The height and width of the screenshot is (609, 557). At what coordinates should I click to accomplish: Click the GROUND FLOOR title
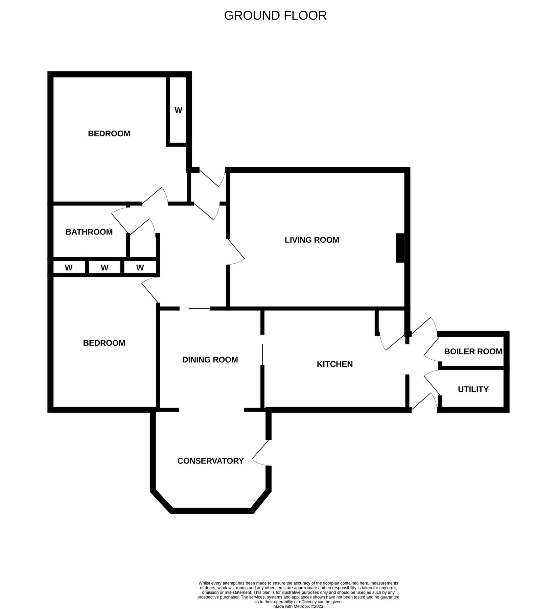[275, 16]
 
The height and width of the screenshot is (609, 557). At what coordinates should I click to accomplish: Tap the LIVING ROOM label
[312, 240]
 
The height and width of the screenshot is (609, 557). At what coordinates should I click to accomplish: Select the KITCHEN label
[334, 364]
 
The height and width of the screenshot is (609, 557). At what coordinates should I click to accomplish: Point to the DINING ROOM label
[210, 360]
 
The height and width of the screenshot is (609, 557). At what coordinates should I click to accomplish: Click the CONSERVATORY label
[210, 461]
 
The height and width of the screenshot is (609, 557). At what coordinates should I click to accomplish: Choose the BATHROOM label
[89, 232]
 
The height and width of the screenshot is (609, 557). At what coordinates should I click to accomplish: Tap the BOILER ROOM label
[473, 352]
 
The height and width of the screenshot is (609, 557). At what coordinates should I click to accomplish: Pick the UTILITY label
[473, 389]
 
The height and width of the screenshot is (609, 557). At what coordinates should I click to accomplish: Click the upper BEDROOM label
[109, 134]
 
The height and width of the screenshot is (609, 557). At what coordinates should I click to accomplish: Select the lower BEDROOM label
[104, 343]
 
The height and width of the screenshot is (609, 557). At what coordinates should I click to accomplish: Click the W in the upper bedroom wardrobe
[178, 110]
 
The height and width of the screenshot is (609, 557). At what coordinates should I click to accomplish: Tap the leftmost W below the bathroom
[69, 268]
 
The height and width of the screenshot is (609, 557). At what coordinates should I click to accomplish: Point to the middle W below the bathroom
[105, 268]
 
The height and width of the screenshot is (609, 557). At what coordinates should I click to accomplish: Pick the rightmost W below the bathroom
[140, 268]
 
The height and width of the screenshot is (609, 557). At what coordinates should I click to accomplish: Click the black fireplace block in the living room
[400, 248]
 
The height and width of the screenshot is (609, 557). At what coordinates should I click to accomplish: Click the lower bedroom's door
[150, 291]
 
